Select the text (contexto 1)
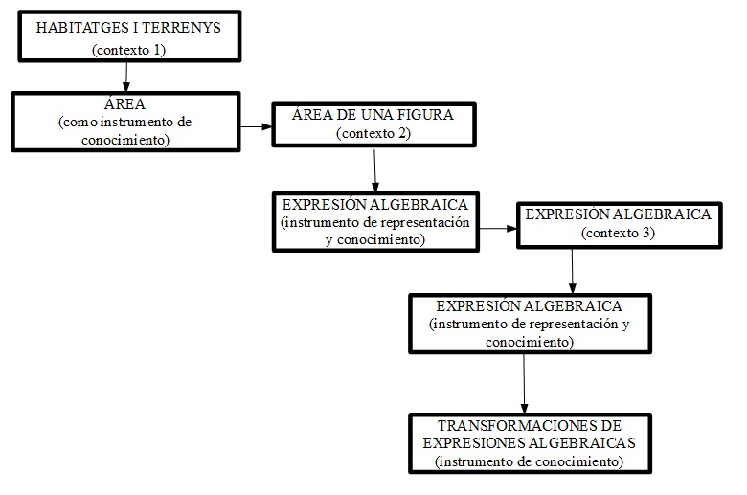pyautogui.click(x=128, y=49)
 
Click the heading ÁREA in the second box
pyautogui.click(x=125, y=104)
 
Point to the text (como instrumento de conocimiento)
pyautogui.click(x=125, y=131)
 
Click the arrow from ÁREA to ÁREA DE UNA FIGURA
pyautogui.click(x=254, y=124)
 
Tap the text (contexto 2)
pyautogui.click(x=373, y=133)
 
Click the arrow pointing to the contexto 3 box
pyautogui.click(x=497, y=228)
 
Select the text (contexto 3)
pyautogui.click(x=618, y=233)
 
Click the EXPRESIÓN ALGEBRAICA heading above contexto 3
pyautogui.click(x=618, y=214)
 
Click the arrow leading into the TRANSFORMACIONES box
pyautogui.click(x=525, y=383)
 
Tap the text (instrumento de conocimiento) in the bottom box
pyautogui.click(x=530, y=461)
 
